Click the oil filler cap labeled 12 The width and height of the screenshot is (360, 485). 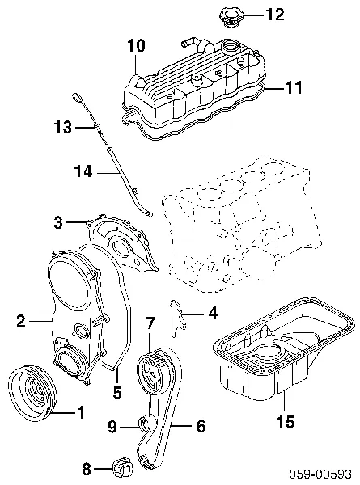231,18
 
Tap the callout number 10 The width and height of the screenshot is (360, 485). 136,46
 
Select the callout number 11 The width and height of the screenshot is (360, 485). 294,87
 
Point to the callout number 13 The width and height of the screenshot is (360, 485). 63,127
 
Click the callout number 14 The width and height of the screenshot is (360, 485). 83,171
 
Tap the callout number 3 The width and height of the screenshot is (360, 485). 58,222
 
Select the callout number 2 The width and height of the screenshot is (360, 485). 21,321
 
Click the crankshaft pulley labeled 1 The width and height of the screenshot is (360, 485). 32,392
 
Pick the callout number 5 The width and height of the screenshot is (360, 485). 117,392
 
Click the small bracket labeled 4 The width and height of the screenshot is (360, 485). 178,318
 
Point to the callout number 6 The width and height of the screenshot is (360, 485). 201,426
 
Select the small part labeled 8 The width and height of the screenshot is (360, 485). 122,469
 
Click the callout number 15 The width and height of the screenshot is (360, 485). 286,421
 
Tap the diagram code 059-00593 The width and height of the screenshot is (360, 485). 320,474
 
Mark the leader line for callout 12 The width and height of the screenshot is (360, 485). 253,15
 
